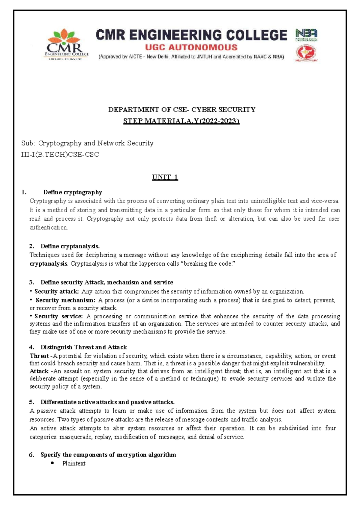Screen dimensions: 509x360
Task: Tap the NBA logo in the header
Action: coord(306,35)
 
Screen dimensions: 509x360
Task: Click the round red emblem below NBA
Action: coord(306,53)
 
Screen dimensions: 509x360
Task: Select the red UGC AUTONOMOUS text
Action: coord(191,47)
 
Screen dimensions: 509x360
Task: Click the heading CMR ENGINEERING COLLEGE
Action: coord(191,35)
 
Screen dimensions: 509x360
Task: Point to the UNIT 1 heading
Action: coord(165,177)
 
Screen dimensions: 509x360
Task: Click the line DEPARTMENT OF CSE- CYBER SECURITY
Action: coord(181,110)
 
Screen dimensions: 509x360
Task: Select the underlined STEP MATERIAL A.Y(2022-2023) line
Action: coord(181,121)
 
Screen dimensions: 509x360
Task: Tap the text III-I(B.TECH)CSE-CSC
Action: coord(60,155)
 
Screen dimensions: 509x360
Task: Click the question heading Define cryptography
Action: coord(73,192)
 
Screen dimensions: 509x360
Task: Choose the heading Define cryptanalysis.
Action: coord(70,246)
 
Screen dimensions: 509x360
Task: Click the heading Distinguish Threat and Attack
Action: coord(84,347)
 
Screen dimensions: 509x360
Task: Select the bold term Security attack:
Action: coord(56,291)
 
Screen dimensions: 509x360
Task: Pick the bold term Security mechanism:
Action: coord(65,300)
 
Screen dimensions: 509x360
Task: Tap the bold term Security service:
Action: coord(58,316)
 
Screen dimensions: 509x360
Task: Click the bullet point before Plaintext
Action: coord(53,463)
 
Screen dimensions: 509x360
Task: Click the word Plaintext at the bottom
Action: coord(74,463)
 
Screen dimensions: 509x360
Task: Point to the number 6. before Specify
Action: coord(32,455)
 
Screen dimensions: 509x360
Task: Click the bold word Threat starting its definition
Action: coord(39,356)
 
